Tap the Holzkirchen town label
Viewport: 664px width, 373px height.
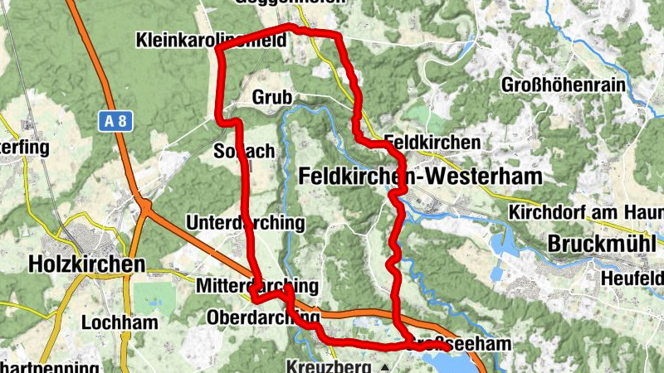tap(86, 264)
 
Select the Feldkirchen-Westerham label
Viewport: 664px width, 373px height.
tap(419, 177)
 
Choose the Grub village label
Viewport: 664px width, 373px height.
tap(272, 98)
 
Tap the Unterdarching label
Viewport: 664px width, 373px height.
tap(246, 224)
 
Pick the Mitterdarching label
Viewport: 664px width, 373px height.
tap(257, 286)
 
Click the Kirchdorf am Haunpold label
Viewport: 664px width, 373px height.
tap(586, 212)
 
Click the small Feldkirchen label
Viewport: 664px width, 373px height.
tap(432, 143)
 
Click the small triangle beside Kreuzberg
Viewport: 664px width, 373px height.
tap(384, 366)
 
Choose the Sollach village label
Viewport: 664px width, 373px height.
tap(244, 152)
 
